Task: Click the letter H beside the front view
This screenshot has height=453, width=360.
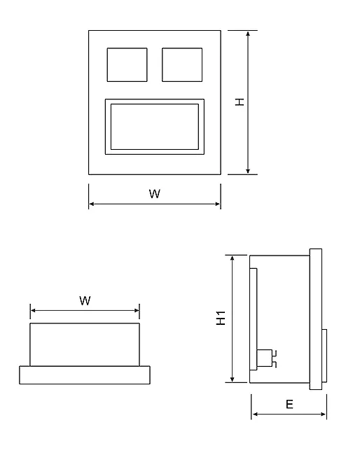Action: (240, 102)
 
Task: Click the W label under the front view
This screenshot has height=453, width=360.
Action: (155, 193)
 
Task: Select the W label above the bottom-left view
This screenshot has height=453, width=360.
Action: (85, 301)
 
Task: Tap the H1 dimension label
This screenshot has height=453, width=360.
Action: (221, 318)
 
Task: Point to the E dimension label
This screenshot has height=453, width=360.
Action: (289, 404)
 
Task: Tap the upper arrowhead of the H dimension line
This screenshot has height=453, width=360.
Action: (248, 34)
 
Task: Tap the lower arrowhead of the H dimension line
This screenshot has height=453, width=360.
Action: (248, 171)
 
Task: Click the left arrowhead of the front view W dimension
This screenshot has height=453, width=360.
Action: (92, 204)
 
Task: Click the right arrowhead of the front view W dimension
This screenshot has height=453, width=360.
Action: (218, 204)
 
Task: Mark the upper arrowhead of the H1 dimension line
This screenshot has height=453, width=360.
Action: (233, 258)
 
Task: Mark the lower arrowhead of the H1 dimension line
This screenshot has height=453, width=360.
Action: (233, 379)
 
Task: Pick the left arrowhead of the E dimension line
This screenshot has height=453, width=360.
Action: (255, 414)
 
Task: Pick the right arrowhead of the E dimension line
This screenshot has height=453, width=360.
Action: (323, 414)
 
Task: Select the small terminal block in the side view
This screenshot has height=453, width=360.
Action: (264, 358)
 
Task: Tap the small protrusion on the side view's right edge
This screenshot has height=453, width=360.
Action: (324, 356)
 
